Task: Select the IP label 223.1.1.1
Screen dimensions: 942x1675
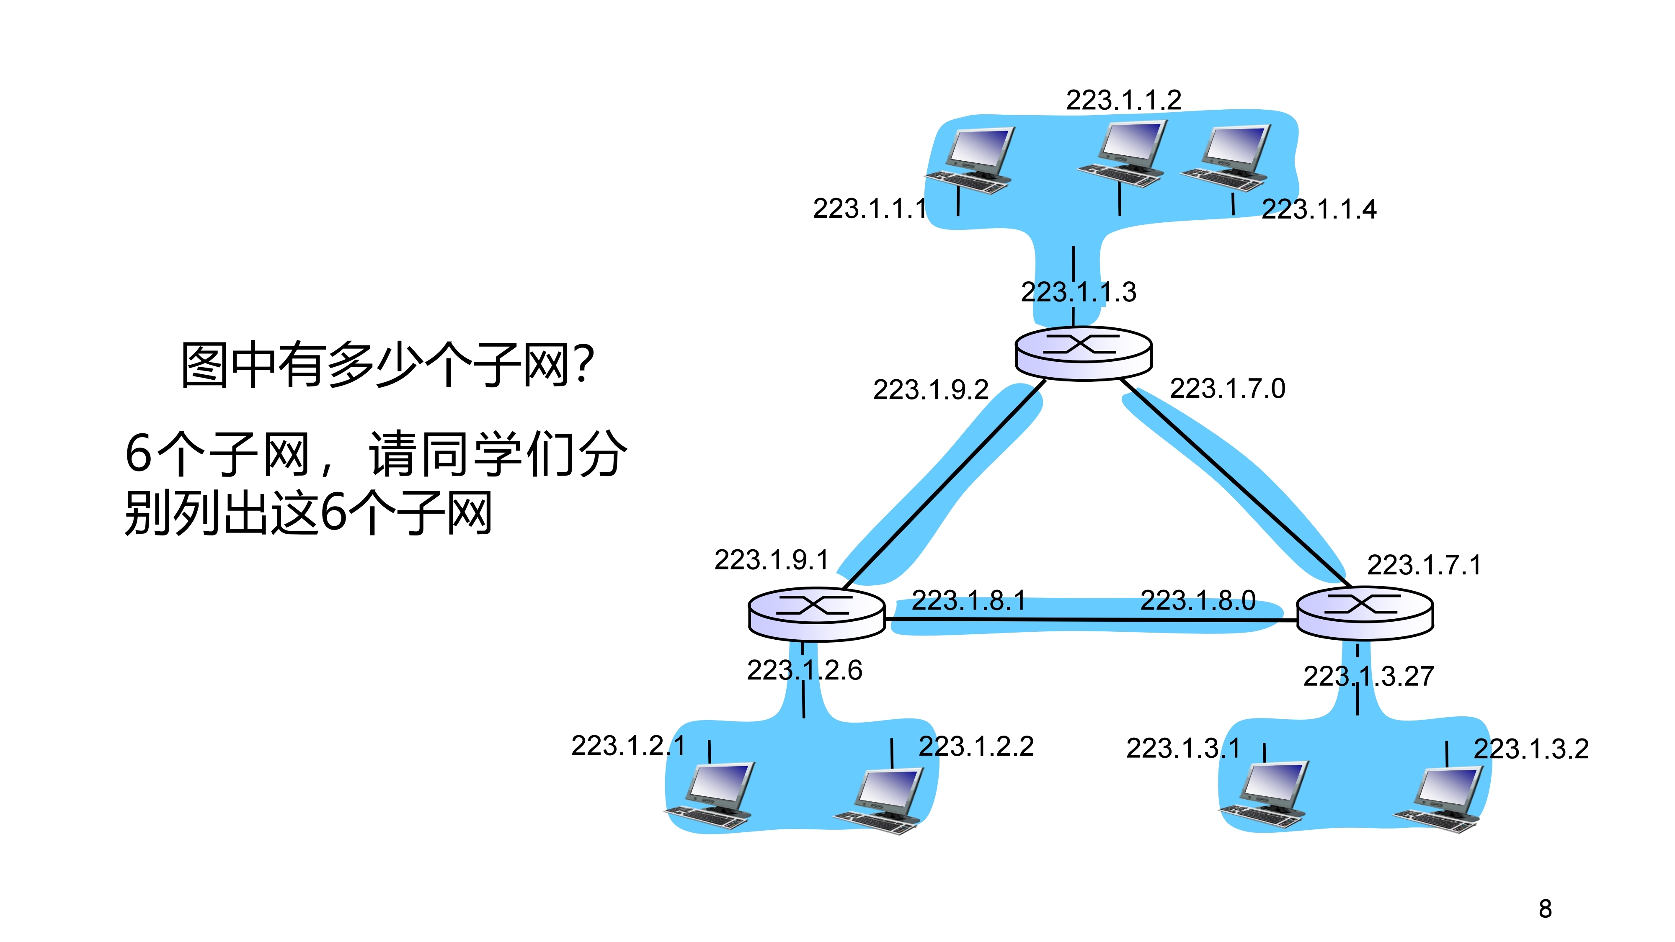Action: [870, 208]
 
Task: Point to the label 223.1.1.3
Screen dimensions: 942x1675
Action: [1078, 292]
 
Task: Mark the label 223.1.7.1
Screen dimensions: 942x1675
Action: [1424, 565]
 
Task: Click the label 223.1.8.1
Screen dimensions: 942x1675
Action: [968, 600]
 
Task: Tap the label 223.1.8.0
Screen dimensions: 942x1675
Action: [1198, 600]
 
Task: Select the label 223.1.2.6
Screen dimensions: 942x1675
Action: [804, 670]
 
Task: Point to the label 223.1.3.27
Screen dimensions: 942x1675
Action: [1368, 677]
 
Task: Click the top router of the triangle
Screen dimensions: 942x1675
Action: [1083, 353]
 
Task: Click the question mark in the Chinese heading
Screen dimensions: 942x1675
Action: [584, 364]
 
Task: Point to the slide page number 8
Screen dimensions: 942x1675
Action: [1545, 909]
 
